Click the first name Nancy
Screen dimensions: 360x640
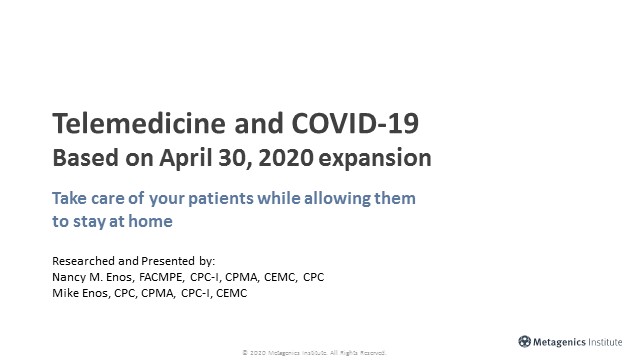coord(69,276)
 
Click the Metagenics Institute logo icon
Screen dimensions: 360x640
coord(525,340)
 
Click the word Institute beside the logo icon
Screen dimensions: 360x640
coord(611,340)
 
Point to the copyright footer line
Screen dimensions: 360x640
coord(320,353)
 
